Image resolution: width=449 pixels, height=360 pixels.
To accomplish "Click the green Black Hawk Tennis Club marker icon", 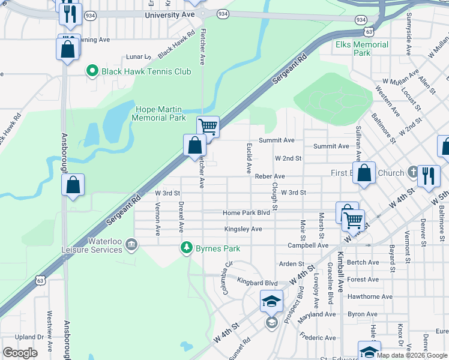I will point(92,71).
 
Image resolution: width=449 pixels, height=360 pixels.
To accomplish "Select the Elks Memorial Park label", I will point(362,49).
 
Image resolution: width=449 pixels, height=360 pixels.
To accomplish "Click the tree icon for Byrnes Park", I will point(187,248).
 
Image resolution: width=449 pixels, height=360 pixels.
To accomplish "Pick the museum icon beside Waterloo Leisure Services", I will point(132,244).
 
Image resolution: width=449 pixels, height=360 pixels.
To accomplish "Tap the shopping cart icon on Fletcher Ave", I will point(208,127).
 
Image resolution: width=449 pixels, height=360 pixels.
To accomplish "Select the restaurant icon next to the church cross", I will point(428,176).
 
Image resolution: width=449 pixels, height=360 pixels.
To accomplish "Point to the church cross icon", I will point(412,173).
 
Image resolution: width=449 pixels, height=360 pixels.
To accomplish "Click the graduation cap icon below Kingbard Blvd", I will point(271,301).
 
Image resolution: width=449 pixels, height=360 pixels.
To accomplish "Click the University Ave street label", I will point(170,14).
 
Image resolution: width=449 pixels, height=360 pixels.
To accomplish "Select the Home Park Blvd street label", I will point(246,213).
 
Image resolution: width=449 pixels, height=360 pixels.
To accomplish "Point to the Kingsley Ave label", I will point(243,229).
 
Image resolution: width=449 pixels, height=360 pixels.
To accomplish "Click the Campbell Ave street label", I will point(307,245).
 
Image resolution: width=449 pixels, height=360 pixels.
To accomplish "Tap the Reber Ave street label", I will point(269,176).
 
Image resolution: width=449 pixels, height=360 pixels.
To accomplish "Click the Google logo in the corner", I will point(20,352).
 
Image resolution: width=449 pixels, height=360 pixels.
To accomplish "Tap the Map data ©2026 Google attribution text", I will point(412,355).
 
